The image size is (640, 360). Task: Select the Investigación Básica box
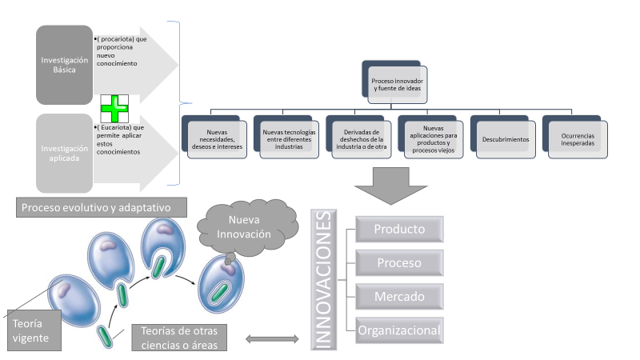click(65, 65)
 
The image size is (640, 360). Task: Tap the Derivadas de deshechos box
click(361, 138)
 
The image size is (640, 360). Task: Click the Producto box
click(399, 229)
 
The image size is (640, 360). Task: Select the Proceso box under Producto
click(399, 262)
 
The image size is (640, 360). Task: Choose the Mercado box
click(399, 297)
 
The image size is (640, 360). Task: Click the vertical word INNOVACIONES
click(324, 278)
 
